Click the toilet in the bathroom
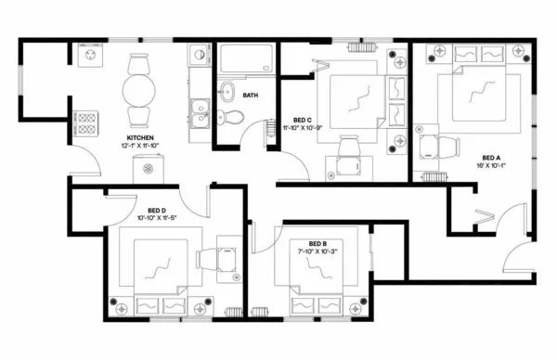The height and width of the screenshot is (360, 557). click(235, 117)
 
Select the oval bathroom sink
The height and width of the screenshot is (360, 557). click(227, 92)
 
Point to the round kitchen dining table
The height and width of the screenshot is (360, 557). click(138, 92)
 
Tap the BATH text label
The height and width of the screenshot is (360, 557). click(251, 96)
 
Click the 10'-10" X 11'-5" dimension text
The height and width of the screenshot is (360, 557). click(156, 218)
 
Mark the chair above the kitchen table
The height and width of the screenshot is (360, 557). click(138, 64)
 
